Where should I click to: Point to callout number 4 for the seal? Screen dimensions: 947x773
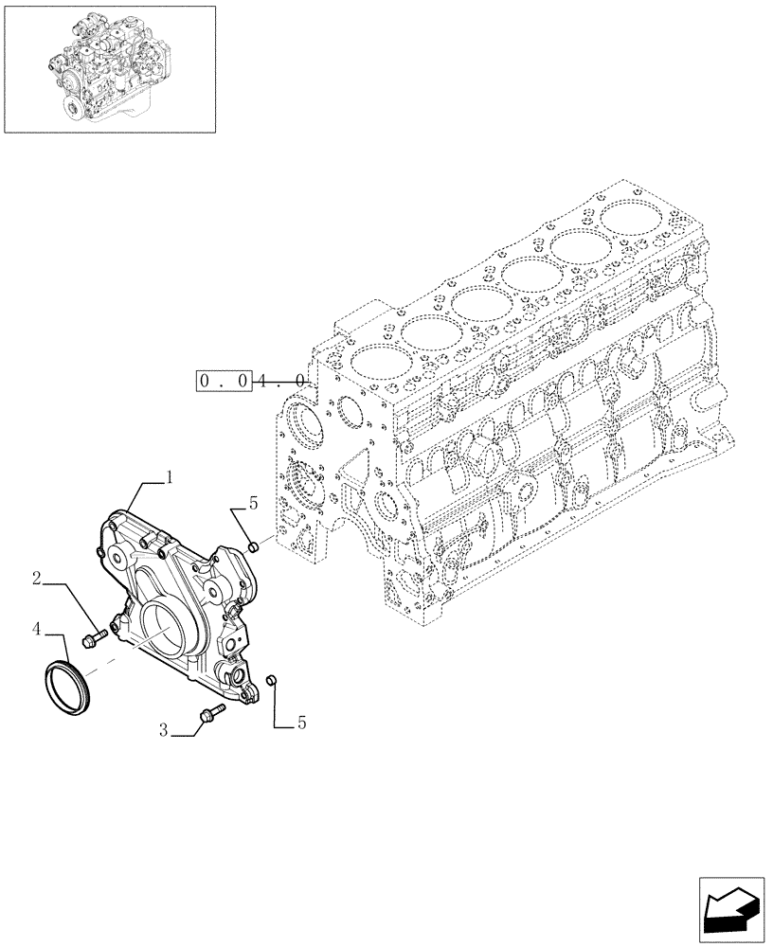coord(36,628)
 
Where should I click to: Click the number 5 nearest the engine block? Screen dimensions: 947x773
coord(253,505)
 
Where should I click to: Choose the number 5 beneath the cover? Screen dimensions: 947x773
coord(301,724)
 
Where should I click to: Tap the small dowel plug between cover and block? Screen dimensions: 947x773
coord(253,546)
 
